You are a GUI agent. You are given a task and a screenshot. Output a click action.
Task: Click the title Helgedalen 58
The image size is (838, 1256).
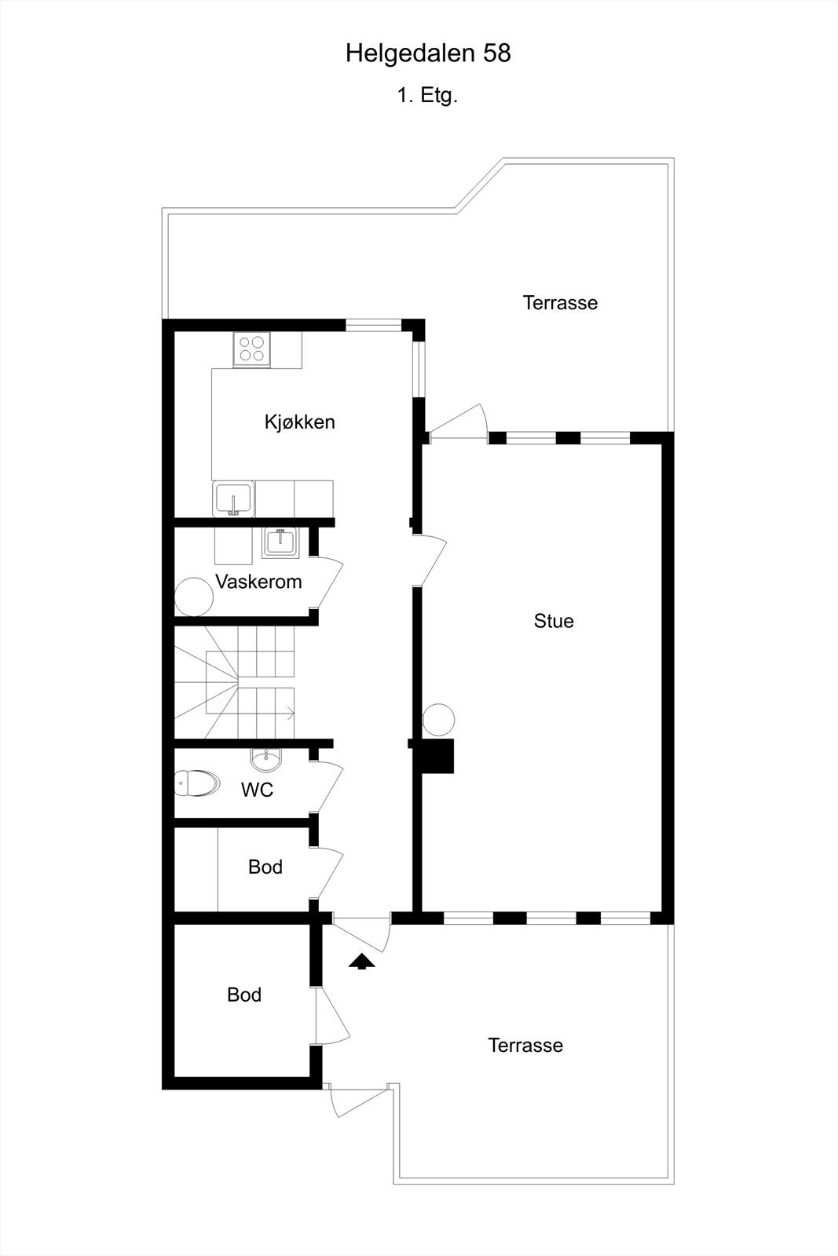(x=428, y=53)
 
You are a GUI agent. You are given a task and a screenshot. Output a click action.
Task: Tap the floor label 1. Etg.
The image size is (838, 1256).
(x=427, y=96)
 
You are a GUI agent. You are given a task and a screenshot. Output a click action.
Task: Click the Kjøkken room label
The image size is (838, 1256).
(x=299, y=422)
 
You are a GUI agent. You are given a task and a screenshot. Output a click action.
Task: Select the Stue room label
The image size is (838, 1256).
(x=554, y=621)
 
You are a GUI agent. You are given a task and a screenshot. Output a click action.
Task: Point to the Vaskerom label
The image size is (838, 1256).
(x=258, y=582)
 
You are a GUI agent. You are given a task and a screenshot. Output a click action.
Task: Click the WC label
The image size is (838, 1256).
(x=257, y=790)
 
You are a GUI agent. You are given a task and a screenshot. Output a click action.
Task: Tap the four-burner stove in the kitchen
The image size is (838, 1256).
(x=252, y=349)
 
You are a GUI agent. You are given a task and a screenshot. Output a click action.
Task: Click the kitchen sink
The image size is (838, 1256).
(x=233, y=499)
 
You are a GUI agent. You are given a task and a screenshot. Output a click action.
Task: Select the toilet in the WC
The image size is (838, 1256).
(x=196, y=783)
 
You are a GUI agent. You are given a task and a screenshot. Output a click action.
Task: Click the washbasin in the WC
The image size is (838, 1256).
(x=266, y=759)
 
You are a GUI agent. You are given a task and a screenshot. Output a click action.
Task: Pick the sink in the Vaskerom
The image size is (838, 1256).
(x=280, y=542)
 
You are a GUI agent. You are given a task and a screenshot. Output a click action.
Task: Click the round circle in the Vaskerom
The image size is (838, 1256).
(x=193, y=597)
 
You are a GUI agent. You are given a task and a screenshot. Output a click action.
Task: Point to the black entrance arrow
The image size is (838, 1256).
(x=361, y=962)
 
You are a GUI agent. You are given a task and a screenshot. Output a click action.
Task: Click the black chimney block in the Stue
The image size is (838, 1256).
(x=438, y=756)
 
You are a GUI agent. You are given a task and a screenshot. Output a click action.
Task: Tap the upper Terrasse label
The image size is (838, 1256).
(x=560, y=303)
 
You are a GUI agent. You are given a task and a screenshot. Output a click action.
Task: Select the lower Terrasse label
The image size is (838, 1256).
(x=525, y=1046)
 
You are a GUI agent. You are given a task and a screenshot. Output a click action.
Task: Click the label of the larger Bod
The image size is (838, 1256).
(x=244, y=995)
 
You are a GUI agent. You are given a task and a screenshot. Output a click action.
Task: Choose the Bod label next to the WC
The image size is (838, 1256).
(x=265, y=867)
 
